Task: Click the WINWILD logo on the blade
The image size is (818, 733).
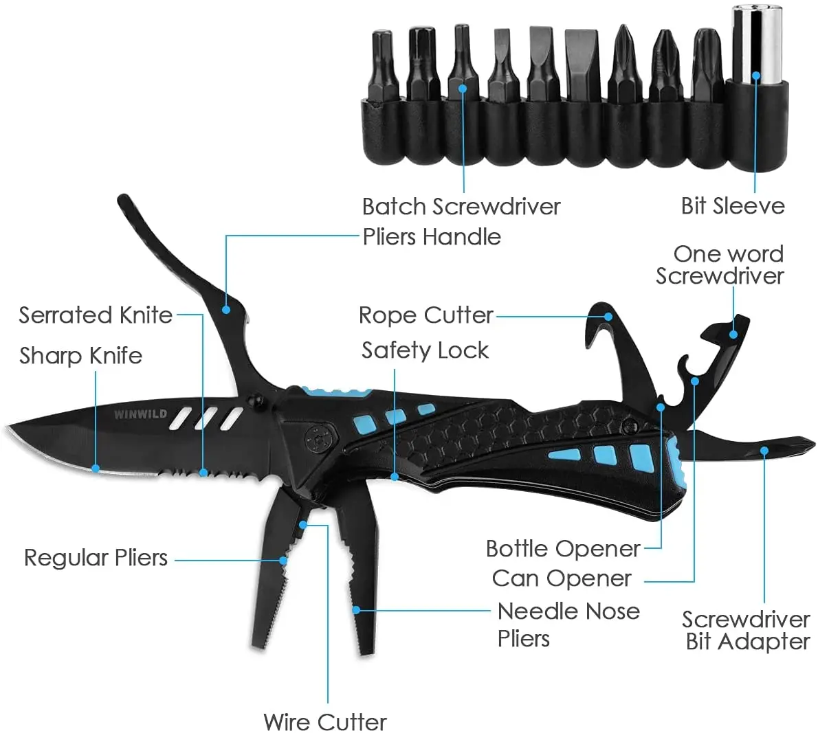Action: (x=141, y=414)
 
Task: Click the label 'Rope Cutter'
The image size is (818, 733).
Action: (x=425, y=315)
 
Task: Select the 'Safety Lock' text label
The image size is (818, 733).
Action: (x=425, y=350)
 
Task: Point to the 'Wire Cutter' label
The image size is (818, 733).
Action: (x=324, y=722)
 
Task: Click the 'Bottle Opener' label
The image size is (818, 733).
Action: (x=563, y=549)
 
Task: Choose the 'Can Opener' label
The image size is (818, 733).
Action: (x=562, y=578)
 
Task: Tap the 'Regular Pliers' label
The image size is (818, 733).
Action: (x=96, y=557)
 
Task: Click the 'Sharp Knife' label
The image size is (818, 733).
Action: (x=80, y=356)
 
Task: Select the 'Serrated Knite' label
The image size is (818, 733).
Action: (x=96, y=315)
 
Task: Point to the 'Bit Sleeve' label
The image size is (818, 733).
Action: (x=733, y=206)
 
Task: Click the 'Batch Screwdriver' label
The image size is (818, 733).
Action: (x=461, y=207)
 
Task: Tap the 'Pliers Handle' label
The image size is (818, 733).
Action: (x=432, y=237)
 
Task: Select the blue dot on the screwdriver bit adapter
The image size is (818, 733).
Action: (x=764, y=451)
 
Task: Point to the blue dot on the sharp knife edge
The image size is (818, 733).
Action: (x=96, y=469)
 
